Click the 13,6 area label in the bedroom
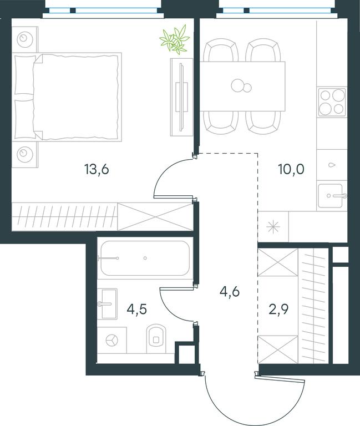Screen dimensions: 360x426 (x=97, y=170)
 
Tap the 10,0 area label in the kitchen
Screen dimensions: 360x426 (x=291, y=169)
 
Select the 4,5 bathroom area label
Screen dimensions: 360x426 (x=137, y=309)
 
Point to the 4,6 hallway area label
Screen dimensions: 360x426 (x=230, y=292)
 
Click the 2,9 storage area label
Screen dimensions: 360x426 (x=278, y=309)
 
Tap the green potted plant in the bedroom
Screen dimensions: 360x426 (x=175, y=39)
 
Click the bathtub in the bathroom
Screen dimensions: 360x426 (x=145, y=258)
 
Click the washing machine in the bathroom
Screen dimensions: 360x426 (x=111, y=340)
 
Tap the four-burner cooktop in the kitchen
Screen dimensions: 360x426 (x=332, y=102)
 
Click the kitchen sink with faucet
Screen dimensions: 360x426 (x=332, y=196)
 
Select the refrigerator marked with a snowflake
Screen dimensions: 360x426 (x=273, y=227)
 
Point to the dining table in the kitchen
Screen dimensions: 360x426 (x=242, y=86)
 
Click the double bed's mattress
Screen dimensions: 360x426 (x=76, y=97)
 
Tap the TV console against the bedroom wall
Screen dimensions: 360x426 (x=181, y=97)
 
